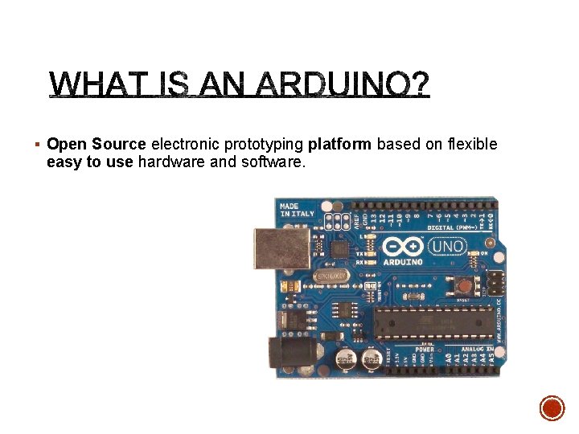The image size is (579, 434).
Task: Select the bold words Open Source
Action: (96, 145)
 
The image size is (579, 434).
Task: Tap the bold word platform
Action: (339, 145)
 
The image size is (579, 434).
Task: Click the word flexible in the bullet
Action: (471, 145)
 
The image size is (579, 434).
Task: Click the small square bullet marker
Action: (38, 145)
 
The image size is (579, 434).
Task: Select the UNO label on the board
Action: (448, 247)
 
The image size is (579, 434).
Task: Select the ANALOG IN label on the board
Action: (478, 349)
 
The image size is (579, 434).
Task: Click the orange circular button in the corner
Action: (552, 408)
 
